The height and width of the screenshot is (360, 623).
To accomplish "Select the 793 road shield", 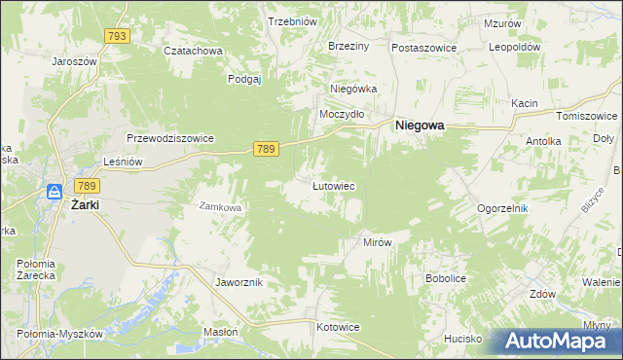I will coord(118,36).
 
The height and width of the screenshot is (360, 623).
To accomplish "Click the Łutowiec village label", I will coord(332,185).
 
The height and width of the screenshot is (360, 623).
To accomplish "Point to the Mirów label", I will coord(376,242).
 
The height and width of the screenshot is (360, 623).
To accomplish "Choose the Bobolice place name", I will coord(448,278).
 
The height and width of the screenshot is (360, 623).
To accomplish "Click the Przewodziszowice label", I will coord(169,138).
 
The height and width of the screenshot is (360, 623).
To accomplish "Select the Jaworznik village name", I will coord(238,282).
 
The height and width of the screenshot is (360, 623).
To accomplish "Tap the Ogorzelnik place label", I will coord(502,208).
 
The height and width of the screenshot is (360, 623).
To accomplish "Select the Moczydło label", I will coord(343,114).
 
